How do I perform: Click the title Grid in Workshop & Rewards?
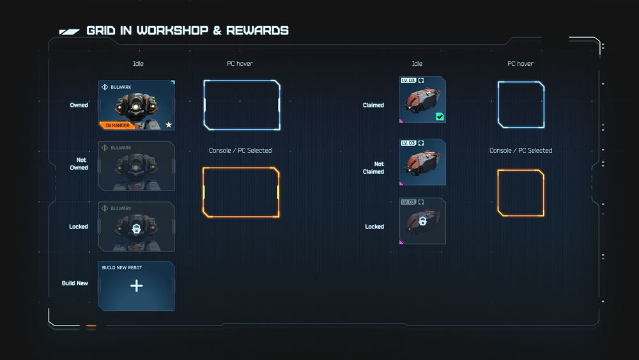[x=187, y=31]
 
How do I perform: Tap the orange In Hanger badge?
[x=117, y=125]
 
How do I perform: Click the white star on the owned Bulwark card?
[x=169, y=125]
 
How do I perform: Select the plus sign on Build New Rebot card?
[x=136, y=286]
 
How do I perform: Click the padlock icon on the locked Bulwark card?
[x=136, y=228]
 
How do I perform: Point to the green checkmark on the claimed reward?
[x=440, y=116]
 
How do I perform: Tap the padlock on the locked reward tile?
[x=422, y=221]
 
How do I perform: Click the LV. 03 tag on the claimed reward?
[x=408, y=81]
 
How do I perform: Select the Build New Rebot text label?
[x=122, y=268]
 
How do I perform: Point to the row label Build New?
[x=75, y=283]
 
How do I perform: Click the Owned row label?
[x=79, y=105]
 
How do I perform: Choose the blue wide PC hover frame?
[x=242, y=105]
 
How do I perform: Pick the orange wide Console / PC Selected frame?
[x=241, y=192]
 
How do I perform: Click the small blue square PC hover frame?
[x=521, y=105]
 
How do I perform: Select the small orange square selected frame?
[x=521, y=193]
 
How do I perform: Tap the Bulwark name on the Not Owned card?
[x=121, y=148]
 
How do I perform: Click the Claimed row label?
[x=373, y=105]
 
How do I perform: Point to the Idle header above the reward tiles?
[x=417, y=64]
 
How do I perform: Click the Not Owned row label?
[x=79, y=164]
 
